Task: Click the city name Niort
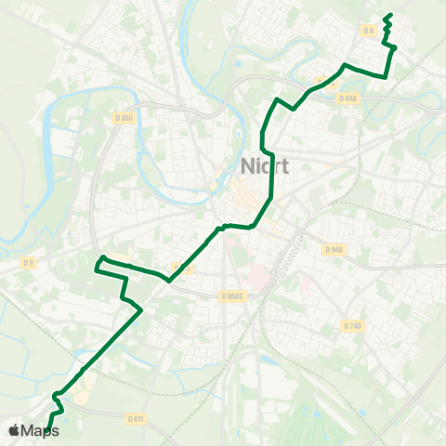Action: tap(265, 167)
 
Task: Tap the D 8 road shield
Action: tap(369, 31)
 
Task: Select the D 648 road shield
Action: tap(348, 98)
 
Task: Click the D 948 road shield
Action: tap(334, 249)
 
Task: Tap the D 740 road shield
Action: tap(351, 325)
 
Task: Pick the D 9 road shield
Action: tap(30, 264)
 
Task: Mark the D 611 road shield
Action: tap(136, 419)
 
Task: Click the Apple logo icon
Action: tap(14, 430)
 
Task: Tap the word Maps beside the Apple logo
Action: tap(40, 430)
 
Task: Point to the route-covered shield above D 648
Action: tap(325, 81)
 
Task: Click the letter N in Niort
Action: tap(247, 167)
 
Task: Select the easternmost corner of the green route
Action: tap(396, 46)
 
